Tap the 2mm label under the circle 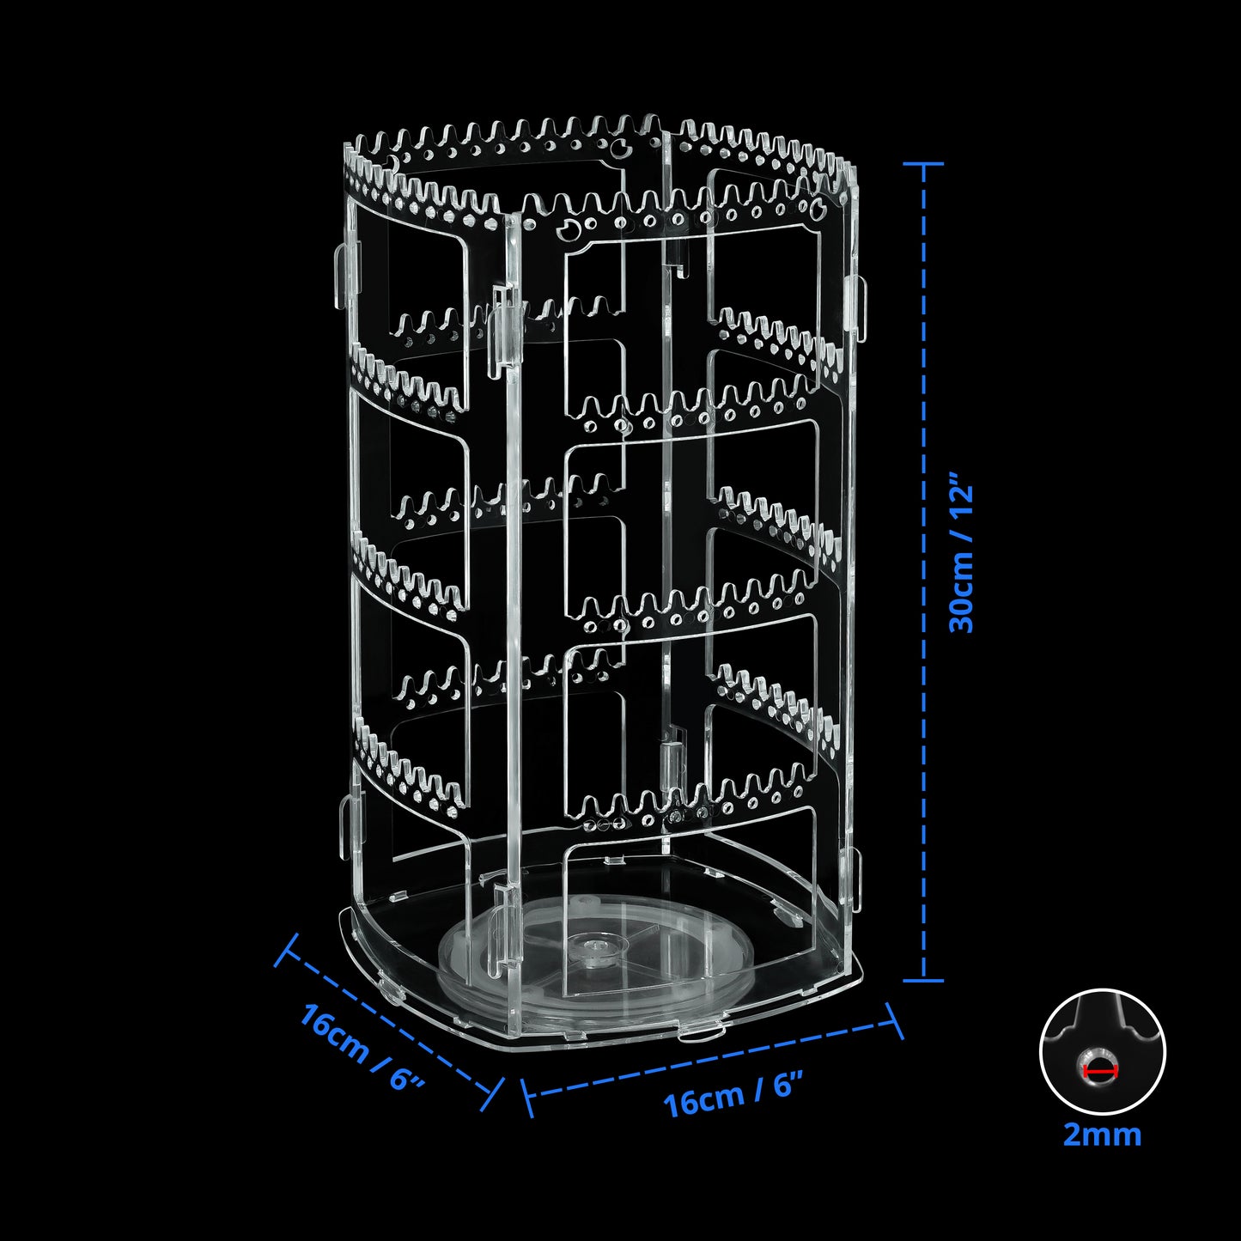click(1102, 1135)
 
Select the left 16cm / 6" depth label click(362, 1045)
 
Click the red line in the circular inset click(1100, 1071)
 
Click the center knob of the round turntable click(593, 947)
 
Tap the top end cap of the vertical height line click(924, 163)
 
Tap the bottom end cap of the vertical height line click(924, 979)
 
